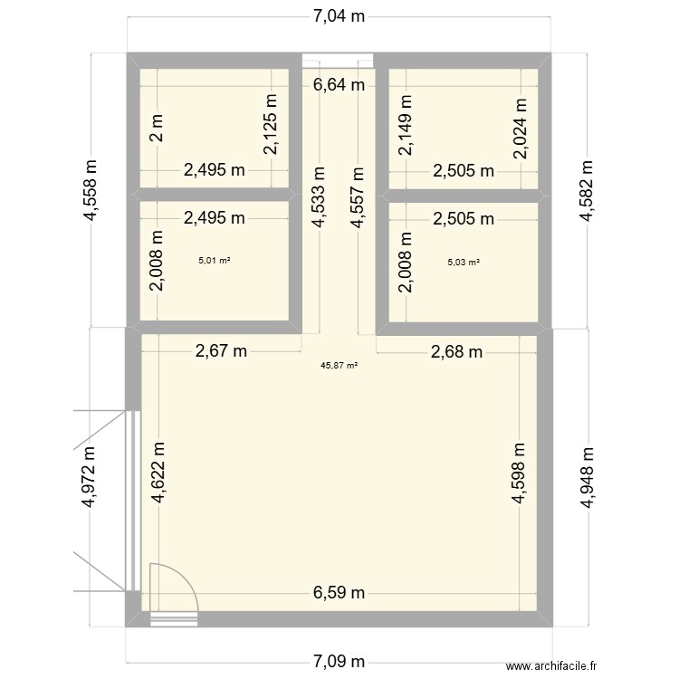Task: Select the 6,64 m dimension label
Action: tap(339, 86)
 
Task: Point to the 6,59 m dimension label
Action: tap(339, 593)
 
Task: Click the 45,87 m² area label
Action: tap(339, 366)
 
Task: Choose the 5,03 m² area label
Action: tap(464, 263)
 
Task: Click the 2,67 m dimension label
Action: tap(221, 352)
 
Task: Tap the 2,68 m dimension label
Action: tap(456, 352)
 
